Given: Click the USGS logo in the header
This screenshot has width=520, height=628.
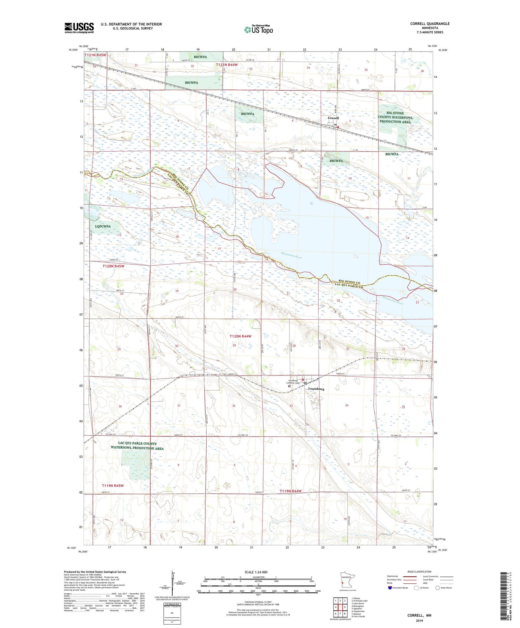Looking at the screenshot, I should pyautogui.click(x=79, y=28).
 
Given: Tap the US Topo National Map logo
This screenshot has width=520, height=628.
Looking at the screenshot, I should pyautogui.click(x=258, y=30).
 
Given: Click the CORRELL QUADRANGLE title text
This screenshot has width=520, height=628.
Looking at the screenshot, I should pyautogui.click(x=430, y=24).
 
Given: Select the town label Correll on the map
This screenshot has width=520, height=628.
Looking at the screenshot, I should pyautogui.click(x=333, y=118).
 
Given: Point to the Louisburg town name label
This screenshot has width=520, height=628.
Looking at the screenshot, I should pyautogui.click(x=316, y=389).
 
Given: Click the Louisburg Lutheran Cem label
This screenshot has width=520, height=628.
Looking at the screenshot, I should pyautogui.click(x=291, y=382).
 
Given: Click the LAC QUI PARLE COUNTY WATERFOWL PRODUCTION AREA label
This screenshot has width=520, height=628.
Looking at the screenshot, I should pyautogui.click(x=137, y=446).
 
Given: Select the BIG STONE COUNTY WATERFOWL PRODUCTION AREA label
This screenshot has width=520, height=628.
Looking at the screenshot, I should pyautogui.click(x=395, y=117).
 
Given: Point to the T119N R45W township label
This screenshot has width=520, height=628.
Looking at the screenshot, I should pyautogui.click(x=113, y=486).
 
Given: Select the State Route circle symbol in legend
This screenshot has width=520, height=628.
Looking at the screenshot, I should pyautogui.click(x=437, y=588).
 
